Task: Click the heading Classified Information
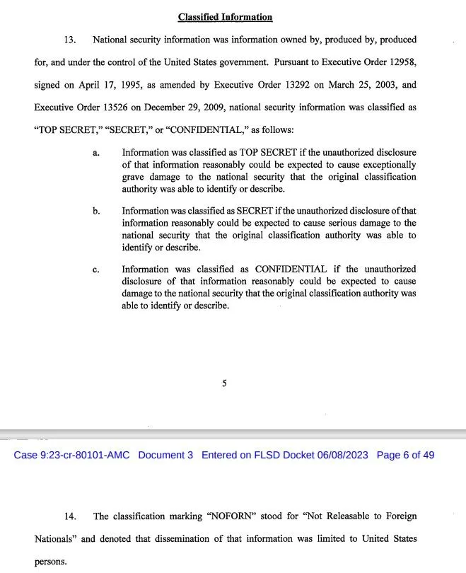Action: [225, 17]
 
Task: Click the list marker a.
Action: [95, 153]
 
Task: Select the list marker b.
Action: [96, 212]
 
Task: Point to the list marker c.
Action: [95, 270]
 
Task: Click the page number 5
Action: [224, 383]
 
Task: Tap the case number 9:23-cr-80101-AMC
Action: [71, 455]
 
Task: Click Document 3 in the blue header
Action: [165, 455]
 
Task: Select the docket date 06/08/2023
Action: [341, 455]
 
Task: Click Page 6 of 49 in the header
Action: [406, 455]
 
